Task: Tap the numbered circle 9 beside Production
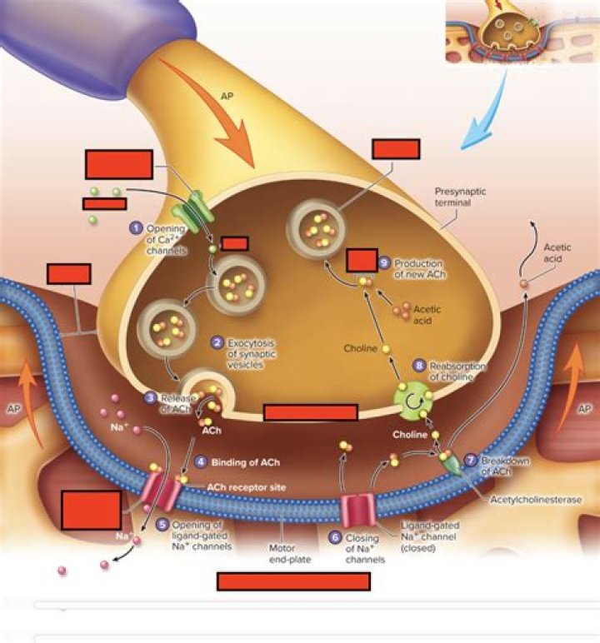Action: tap(384, 262)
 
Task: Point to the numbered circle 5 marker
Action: tap(162, 525)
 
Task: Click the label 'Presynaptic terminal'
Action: tap(460, 197)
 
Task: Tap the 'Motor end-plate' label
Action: tap(289, 554)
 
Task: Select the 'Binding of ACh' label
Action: tap(245, 461)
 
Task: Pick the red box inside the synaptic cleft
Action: tap(310, 412)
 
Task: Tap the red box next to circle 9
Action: tap(362, 260)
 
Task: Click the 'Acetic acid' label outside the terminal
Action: tap(557, 253)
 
